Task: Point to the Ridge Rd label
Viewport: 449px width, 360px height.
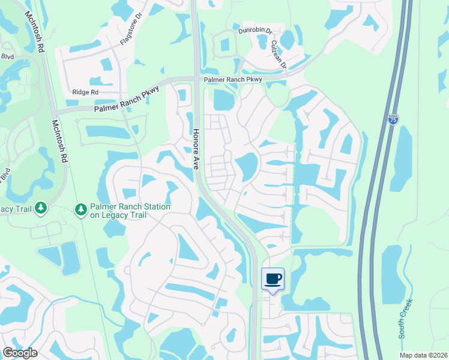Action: click(x=85, y=92)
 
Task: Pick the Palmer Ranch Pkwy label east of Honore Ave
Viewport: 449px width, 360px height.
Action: click(x=233, y=79)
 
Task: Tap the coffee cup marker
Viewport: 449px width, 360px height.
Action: click(x=273, y=278)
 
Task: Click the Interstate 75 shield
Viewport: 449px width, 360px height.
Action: click(x=393, y=121)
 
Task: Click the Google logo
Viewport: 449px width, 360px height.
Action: click(x=20, y=353)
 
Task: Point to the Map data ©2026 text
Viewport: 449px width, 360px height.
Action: click(x=423, y=355)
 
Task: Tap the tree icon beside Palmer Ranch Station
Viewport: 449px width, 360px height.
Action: click(x=80, y=209)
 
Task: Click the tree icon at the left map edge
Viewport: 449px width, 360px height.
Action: click(x=41, y=208)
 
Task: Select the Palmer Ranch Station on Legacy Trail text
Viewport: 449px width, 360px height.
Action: click(x=130, y=211)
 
